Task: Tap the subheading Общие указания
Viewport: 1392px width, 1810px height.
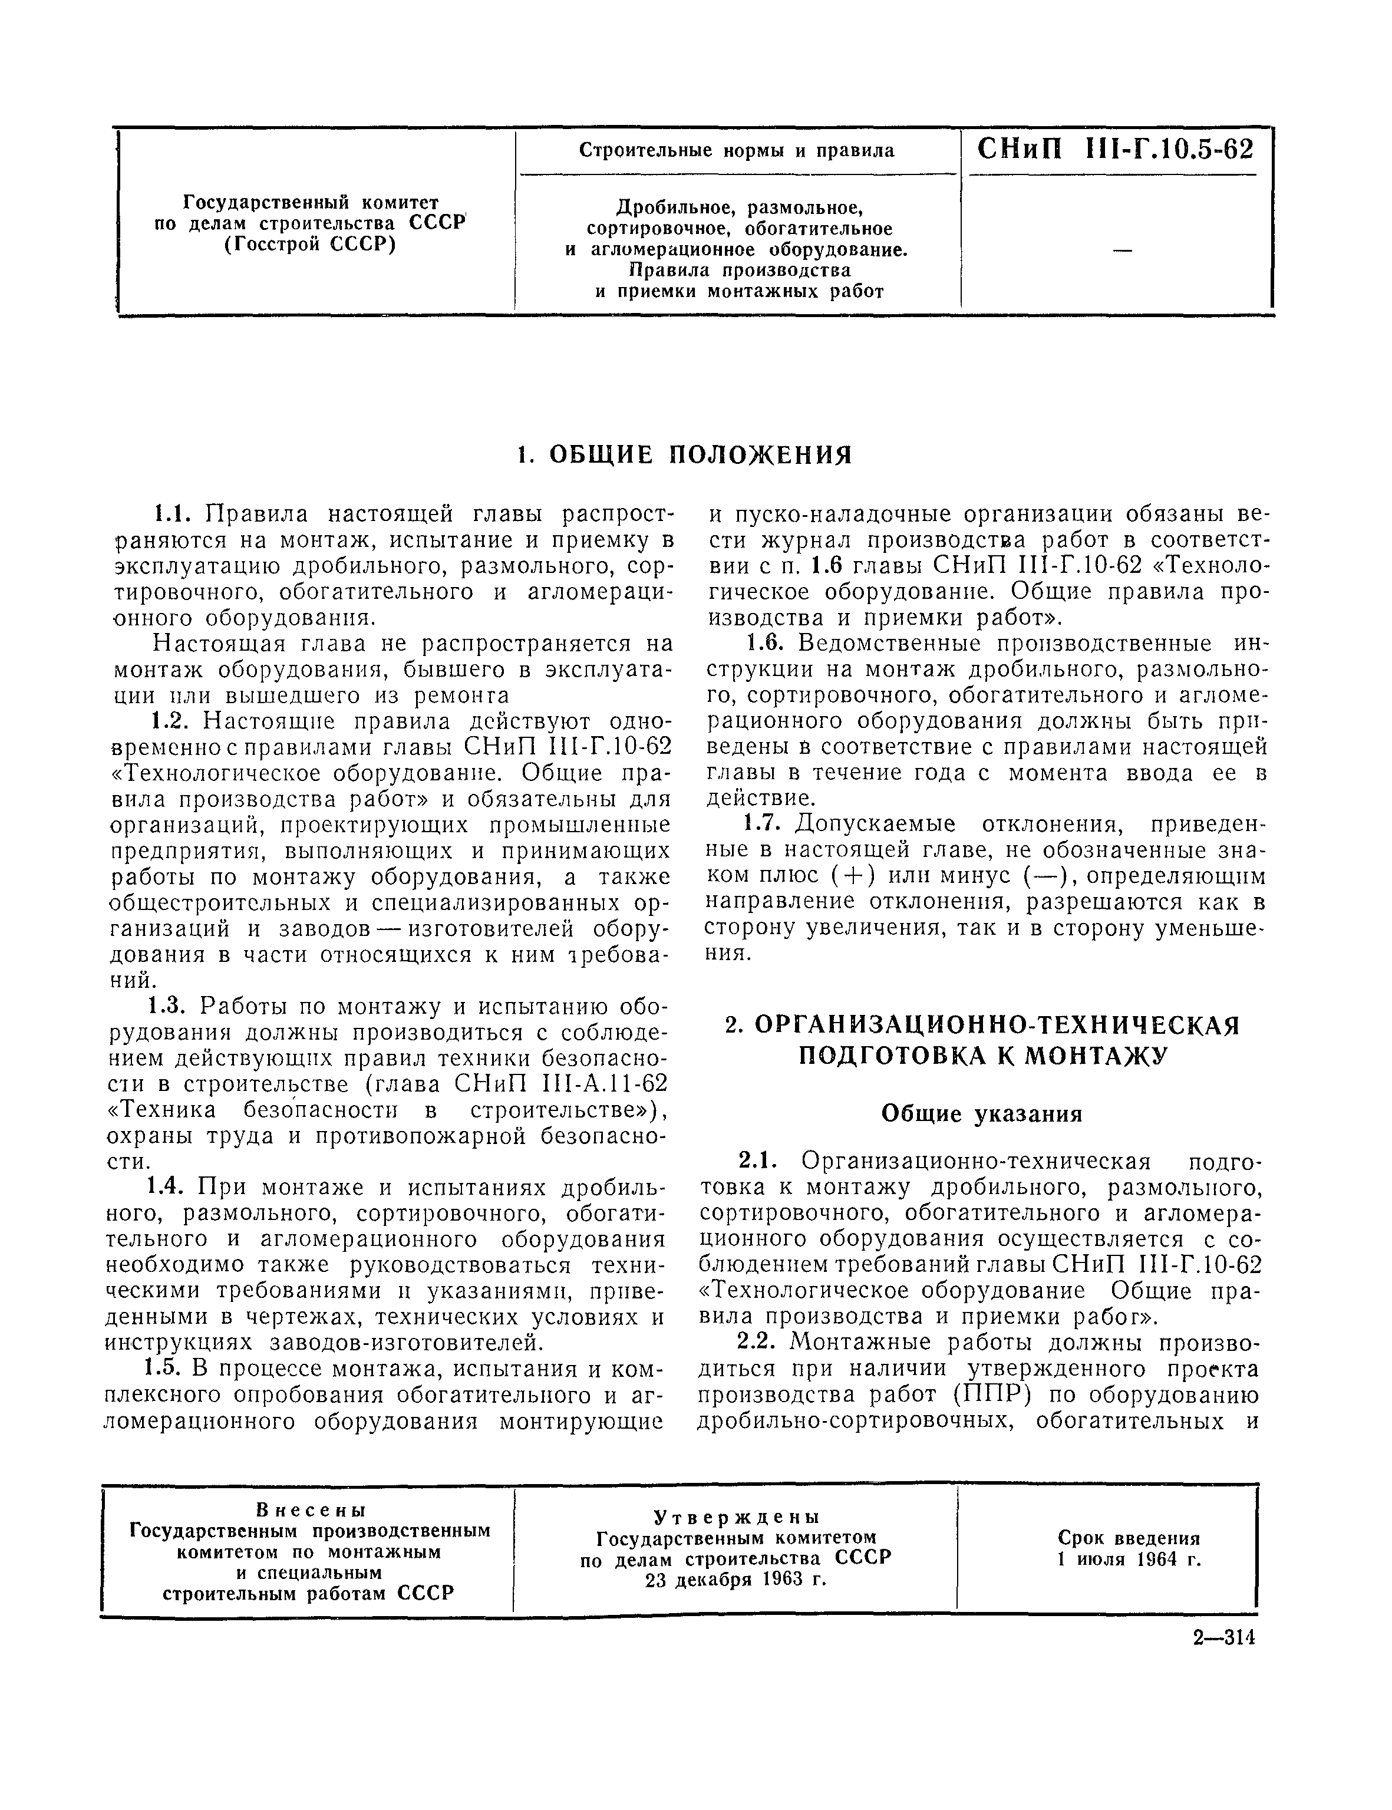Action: pyautogui.click(x=982, y=1114)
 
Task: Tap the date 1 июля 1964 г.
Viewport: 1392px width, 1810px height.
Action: pyautogui.click(x=1129, y=1559)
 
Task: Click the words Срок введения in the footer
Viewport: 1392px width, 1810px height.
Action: pyautogui.click(x=1129, y=1538)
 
